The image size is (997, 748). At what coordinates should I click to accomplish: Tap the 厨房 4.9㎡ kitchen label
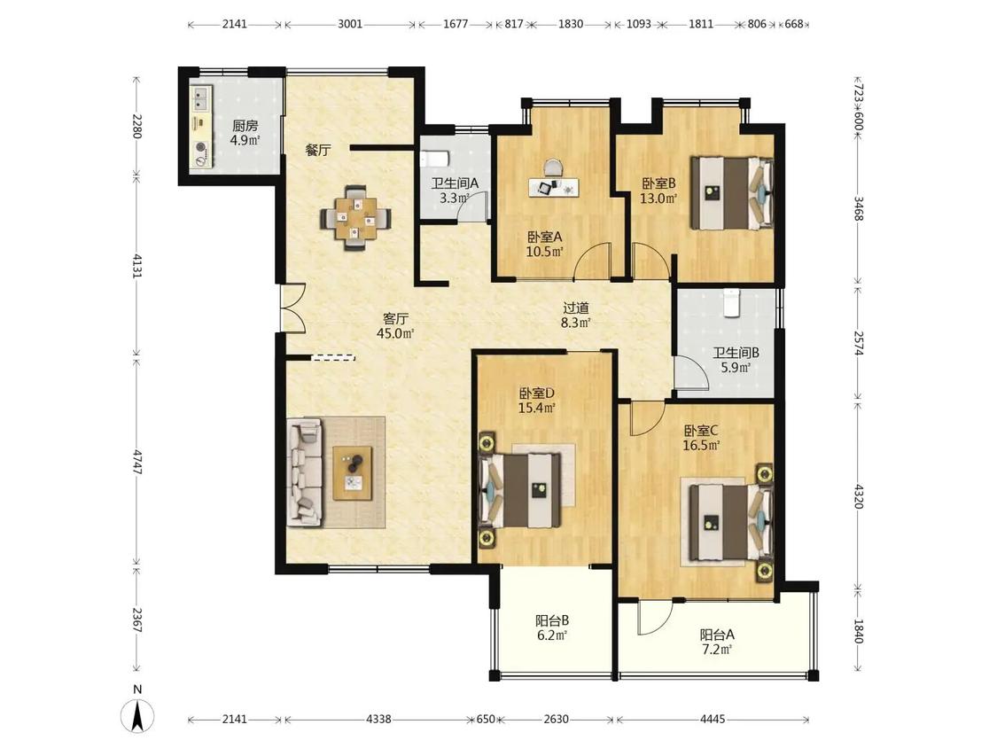(x=245, y=133)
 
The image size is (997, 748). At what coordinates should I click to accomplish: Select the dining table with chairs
(x=355, y=217)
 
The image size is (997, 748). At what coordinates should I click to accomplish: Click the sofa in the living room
(x=305, y=472)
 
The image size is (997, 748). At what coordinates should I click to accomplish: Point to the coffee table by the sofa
(x=353, y=473)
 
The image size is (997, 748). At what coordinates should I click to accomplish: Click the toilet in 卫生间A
(x=435, y=159)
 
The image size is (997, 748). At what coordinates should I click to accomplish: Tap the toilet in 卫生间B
(x=731, y=302)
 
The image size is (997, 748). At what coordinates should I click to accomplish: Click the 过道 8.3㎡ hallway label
(x=576, y=315)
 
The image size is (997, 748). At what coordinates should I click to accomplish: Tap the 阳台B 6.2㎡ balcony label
(x=551, y=627)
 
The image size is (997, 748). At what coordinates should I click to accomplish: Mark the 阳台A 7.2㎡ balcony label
(x=717, y=642)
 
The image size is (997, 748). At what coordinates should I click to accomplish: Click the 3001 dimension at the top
(x=350, y=24)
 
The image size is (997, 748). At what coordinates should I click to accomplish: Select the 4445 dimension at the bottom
(x=713, y=720)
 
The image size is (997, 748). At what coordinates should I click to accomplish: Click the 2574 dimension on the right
(x=859, y=344)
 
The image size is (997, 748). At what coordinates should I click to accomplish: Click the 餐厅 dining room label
(x=318, y=151)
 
